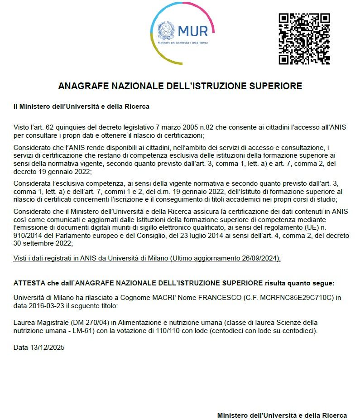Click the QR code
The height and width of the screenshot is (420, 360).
304,39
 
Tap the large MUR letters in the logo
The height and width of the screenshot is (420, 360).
193,31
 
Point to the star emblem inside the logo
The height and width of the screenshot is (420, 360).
166,30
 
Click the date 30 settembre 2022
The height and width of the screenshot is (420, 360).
42,243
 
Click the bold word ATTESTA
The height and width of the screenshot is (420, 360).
29,283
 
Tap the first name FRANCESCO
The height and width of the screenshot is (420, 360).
214,298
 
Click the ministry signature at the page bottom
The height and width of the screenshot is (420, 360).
282,415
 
